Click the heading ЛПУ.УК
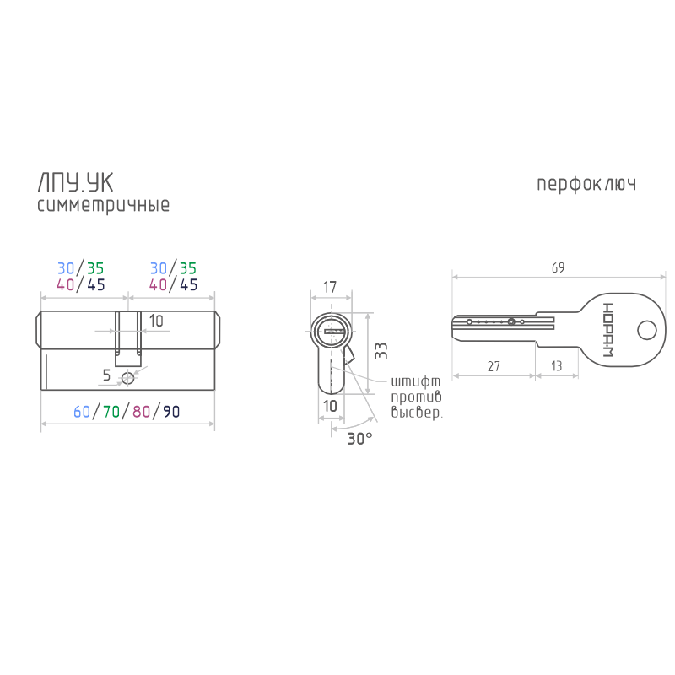pos(75,183)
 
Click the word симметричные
pos(103,205)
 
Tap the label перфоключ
pos(586,184)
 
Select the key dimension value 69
pos(558,267)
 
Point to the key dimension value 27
pos(494,366)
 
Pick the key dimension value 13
pos(557,366)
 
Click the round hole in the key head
pos(646,331)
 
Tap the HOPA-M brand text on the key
pos(607,330)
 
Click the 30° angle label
pos(360,439)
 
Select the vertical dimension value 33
pos(381,351)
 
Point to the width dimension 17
pos(330,287)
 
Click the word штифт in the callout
pos(416,382)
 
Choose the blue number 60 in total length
pos(82,412)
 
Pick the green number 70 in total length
pos(111,412)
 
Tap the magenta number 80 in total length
pos(141,412)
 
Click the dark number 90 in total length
pos(171,412)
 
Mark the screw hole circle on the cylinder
pos(128,378)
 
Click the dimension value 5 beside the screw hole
pos(107,375)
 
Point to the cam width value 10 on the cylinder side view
pos(156,321)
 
